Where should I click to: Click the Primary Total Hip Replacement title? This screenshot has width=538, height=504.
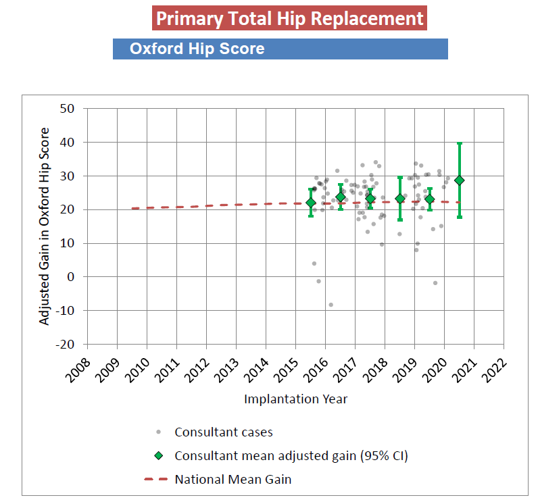(x=290, y=18)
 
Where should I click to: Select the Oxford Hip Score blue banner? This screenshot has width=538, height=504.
(x=280, y=49)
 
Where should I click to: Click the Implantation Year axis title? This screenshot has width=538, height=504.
(x=295, y=399)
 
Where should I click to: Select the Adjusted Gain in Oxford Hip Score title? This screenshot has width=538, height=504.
(x=45, y=226)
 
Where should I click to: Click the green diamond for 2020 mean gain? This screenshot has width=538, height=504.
(x=460, y=180)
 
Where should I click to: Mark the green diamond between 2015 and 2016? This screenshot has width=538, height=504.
(x=311, y=203)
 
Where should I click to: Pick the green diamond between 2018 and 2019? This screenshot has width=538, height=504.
(x=400, y=199)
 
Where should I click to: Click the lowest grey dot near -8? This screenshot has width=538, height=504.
(x=331, y=305)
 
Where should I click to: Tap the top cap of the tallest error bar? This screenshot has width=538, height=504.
(x=460, y=143)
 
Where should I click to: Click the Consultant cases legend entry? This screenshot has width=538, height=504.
(x=224, y=432)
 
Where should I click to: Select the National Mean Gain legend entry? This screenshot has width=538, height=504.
(x=233, y=480)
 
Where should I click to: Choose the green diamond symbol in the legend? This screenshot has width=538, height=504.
(x=158, y=456)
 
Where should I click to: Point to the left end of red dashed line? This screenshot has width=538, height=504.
(x=132, y=208)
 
